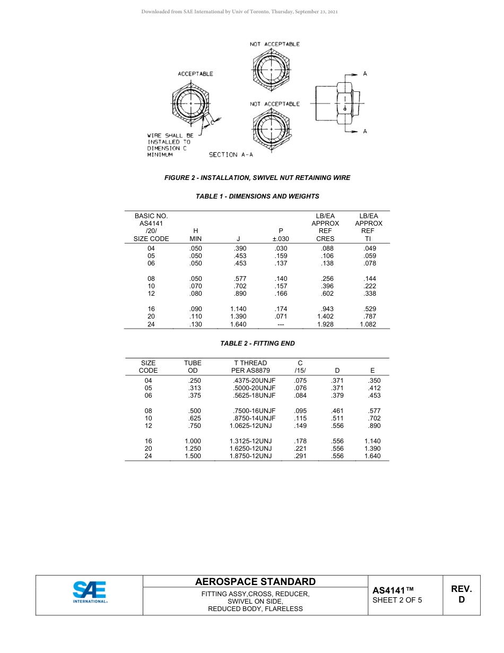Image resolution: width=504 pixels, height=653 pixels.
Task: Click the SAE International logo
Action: point(90,592)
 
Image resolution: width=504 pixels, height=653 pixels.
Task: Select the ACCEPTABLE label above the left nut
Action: point(195,74)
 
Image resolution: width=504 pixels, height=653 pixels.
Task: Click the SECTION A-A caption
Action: point(231,154)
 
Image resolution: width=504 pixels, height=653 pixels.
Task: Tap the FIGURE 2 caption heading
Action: point(257,178)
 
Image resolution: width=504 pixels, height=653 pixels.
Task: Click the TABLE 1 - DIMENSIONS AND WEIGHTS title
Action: point(257,196)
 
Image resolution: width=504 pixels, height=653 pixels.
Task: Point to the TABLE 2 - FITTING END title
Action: point(257,343)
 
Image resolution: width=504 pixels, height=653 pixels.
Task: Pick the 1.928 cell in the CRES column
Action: point(325,324)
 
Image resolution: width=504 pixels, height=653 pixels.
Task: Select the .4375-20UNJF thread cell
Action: point(254,381)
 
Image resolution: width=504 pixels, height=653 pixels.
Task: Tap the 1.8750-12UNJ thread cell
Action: point(250,456)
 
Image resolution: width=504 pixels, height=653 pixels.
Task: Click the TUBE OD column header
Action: point(193,367)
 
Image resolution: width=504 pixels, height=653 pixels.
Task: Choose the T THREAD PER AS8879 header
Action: point(250,367)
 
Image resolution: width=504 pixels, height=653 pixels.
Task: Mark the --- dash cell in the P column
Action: point(281,324)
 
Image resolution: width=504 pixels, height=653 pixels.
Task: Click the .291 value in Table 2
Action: point(300,456)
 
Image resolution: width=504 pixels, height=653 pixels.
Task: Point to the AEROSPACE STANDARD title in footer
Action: point(255,582)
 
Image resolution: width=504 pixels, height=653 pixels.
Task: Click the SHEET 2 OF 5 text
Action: point(397,601)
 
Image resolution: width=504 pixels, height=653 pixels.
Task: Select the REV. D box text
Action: point(461,595)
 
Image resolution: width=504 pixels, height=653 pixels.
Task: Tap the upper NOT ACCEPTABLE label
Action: point(275,44)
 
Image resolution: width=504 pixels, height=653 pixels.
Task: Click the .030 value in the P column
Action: point(281,248)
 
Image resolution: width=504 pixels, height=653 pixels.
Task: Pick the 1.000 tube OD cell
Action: point(193,441)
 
